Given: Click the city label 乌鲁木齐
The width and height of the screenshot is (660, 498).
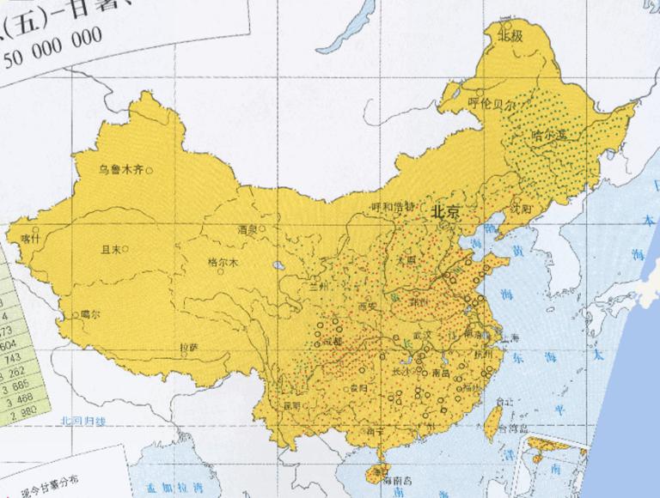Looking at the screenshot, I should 120,170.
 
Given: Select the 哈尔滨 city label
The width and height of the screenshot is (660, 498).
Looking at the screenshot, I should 549,136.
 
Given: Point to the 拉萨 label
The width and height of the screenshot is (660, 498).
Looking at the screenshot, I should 189,348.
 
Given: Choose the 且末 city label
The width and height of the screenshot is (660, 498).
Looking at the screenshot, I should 111,249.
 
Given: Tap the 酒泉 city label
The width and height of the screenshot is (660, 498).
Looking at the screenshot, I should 248,229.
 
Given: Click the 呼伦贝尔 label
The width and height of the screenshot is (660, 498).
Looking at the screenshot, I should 491,102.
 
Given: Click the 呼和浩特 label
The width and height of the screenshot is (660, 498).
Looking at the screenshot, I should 392,207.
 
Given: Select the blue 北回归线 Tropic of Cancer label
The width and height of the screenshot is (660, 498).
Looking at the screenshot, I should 82,421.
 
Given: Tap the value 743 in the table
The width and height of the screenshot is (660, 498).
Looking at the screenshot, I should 12,356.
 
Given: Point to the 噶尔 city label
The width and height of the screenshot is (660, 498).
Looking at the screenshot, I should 90,314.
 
